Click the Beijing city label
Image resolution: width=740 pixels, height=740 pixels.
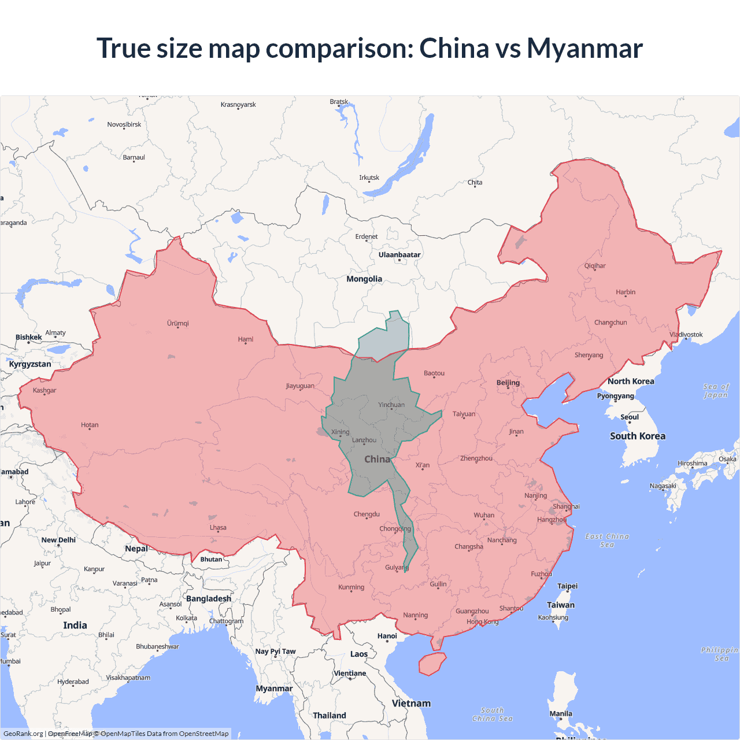[x=508, y=383]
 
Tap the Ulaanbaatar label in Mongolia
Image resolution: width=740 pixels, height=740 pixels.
[x=399, y=255]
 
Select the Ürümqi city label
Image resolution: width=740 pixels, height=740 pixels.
[x=178, y=323]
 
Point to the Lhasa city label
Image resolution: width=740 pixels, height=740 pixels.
[x=218, y=527]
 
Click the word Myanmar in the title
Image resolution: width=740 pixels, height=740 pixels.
[x=584, y=48]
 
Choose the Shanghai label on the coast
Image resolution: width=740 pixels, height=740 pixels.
[x=566, y=506]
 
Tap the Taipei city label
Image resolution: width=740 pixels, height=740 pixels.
[x=567, y=586]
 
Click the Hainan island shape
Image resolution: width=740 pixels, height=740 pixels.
[x=432, y=664]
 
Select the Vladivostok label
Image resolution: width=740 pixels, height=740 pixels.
[x=686, y=335]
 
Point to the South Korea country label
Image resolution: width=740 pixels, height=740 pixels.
[x=638, y=436]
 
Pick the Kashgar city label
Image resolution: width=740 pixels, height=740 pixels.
[x=45, y=390]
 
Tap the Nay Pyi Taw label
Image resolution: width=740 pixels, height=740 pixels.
[x=275, y=652]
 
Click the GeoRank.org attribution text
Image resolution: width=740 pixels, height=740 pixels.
[x=23, y=734]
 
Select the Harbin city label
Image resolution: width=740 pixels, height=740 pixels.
[x=626, y=292]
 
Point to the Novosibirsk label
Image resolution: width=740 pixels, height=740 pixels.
[x=124, y=124]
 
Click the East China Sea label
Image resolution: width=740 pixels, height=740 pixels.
[x=607, y=540]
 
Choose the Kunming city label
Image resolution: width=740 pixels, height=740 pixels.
[x=351, y=587]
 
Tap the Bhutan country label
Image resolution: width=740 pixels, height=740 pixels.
[x=211, y=559]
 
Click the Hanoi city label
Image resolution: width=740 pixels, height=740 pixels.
[x=387, y=636]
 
